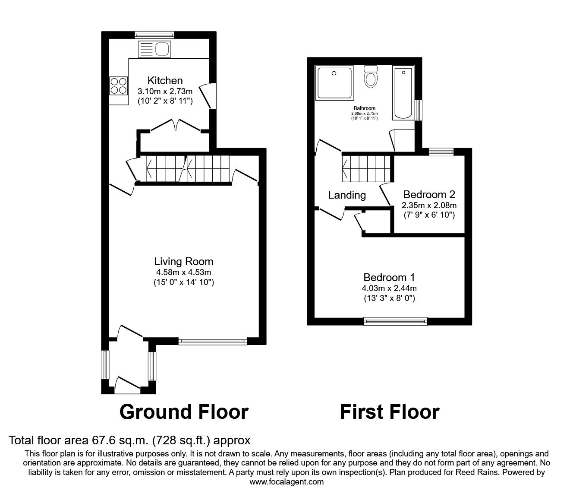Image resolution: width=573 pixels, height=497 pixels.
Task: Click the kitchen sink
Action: (155, 49)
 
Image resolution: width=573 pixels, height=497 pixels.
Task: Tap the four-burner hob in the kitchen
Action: (119, 85)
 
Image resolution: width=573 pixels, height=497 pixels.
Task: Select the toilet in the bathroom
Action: (371, 77)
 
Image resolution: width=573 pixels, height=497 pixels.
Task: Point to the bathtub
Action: (403, 92)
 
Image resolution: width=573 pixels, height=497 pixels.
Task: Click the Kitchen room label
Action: (165, 81)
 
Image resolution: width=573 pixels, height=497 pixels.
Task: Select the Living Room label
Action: (184, 261)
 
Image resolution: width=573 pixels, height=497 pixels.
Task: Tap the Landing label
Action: (347, 195)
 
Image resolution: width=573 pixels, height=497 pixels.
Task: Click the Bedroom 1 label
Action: (389, 277)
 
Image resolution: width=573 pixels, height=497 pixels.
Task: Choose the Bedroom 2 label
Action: (429, 194)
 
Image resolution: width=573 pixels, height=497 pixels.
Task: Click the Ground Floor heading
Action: (184, 412)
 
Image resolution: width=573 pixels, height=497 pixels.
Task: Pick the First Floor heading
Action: (389, 412)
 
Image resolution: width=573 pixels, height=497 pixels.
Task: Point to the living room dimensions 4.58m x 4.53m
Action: (184, 272)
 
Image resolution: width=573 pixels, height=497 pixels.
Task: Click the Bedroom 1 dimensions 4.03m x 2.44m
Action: (389, 288)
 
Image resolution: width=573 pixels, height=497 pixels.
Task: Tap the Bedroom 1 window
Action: (395, 321)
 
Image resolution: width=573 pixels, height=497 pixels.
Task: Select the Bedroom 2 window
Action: (441, 151)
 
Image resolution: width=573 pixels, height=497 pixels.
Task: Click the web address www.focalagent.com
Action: (286, 482)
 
